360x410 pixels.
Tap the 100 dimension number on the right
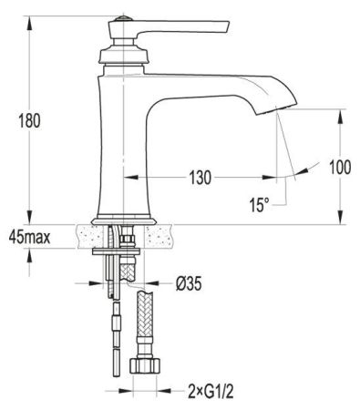point(340,167)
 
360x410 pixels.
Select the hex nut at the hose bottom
point(146,369)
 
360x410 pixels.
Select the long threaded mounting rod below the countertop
point(114,310)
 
